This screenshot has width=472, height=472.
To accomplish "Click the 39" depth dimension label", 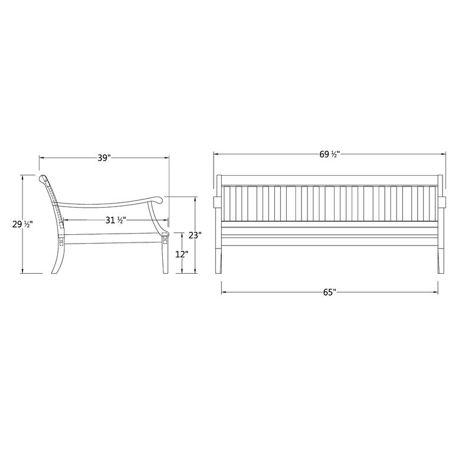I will (x=104, y=158).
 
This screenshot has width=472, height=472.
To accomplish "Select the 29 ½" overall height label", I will (x=22, y=224).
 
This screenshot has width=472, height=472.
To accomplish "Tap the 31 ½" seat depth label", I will (x=113, y=220).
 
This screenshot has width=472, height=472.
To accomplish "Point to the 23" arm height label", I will (x=195, y=234).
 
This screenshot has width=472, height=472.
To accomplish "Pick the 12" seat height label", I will (x=182, y=254).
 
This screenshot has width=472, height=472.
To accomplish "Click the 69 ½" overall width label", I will (x=329, y=154).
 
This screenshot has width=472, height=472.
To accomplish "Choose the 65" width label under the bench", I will (x=329, y=291).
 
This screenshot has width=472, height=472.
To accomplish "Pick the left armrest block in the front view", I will (x=217, y=202).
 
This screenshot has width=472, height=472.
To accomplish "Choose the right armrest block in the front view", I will (x=442, y=202).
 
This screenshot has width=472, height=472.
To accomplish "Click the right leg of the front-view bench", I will (x=440, y=260).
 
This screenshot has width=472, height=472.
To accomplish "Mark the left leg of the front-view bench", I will (x=219, y=260).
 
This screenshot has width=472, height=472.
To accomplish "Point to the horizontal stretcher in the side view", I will (x=112, y=239).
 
